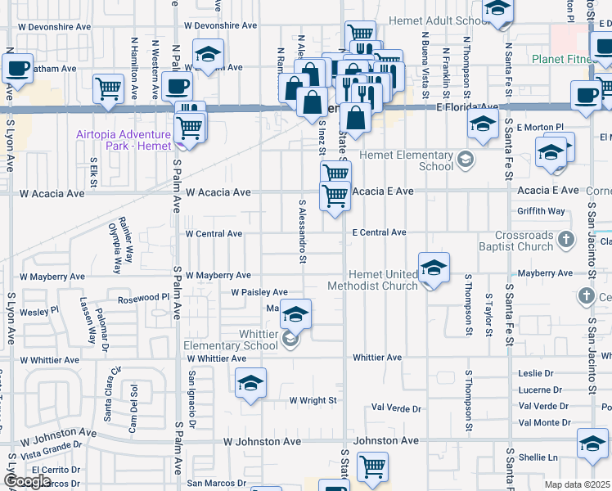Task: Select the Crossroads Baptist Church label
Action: pyautogui.click(x=524, y=241)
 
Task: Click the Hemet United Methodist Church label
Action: pyautogui.click(x=372, y=280)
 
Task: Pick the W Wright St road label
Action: pyautogui.click(x=313, y=400)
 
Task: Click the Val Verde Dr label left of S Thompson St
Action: pyautogui.click(x=396, y=408)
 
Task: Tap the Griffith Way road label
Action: pyautogui.click(x=541, y=211)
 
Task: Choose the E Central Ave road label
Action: pyautogui.click(x=380, y=233)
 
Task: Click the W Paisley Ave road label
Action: pyautogui.click(x=259, y=292)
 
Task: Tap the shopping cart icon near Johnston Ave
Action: pyautogui.click(x=372, y=466)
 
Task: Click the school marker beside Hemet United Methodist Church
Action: pyautogui.click(x=434, y=267)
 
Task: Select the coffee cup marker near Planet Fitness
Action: pyautogui.click(x=586, y=95)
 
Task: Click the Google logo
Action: pyautogui.click(x=27, y=481)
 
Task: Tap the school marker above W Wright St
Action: pyautogui.click(x=250, y=383)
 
